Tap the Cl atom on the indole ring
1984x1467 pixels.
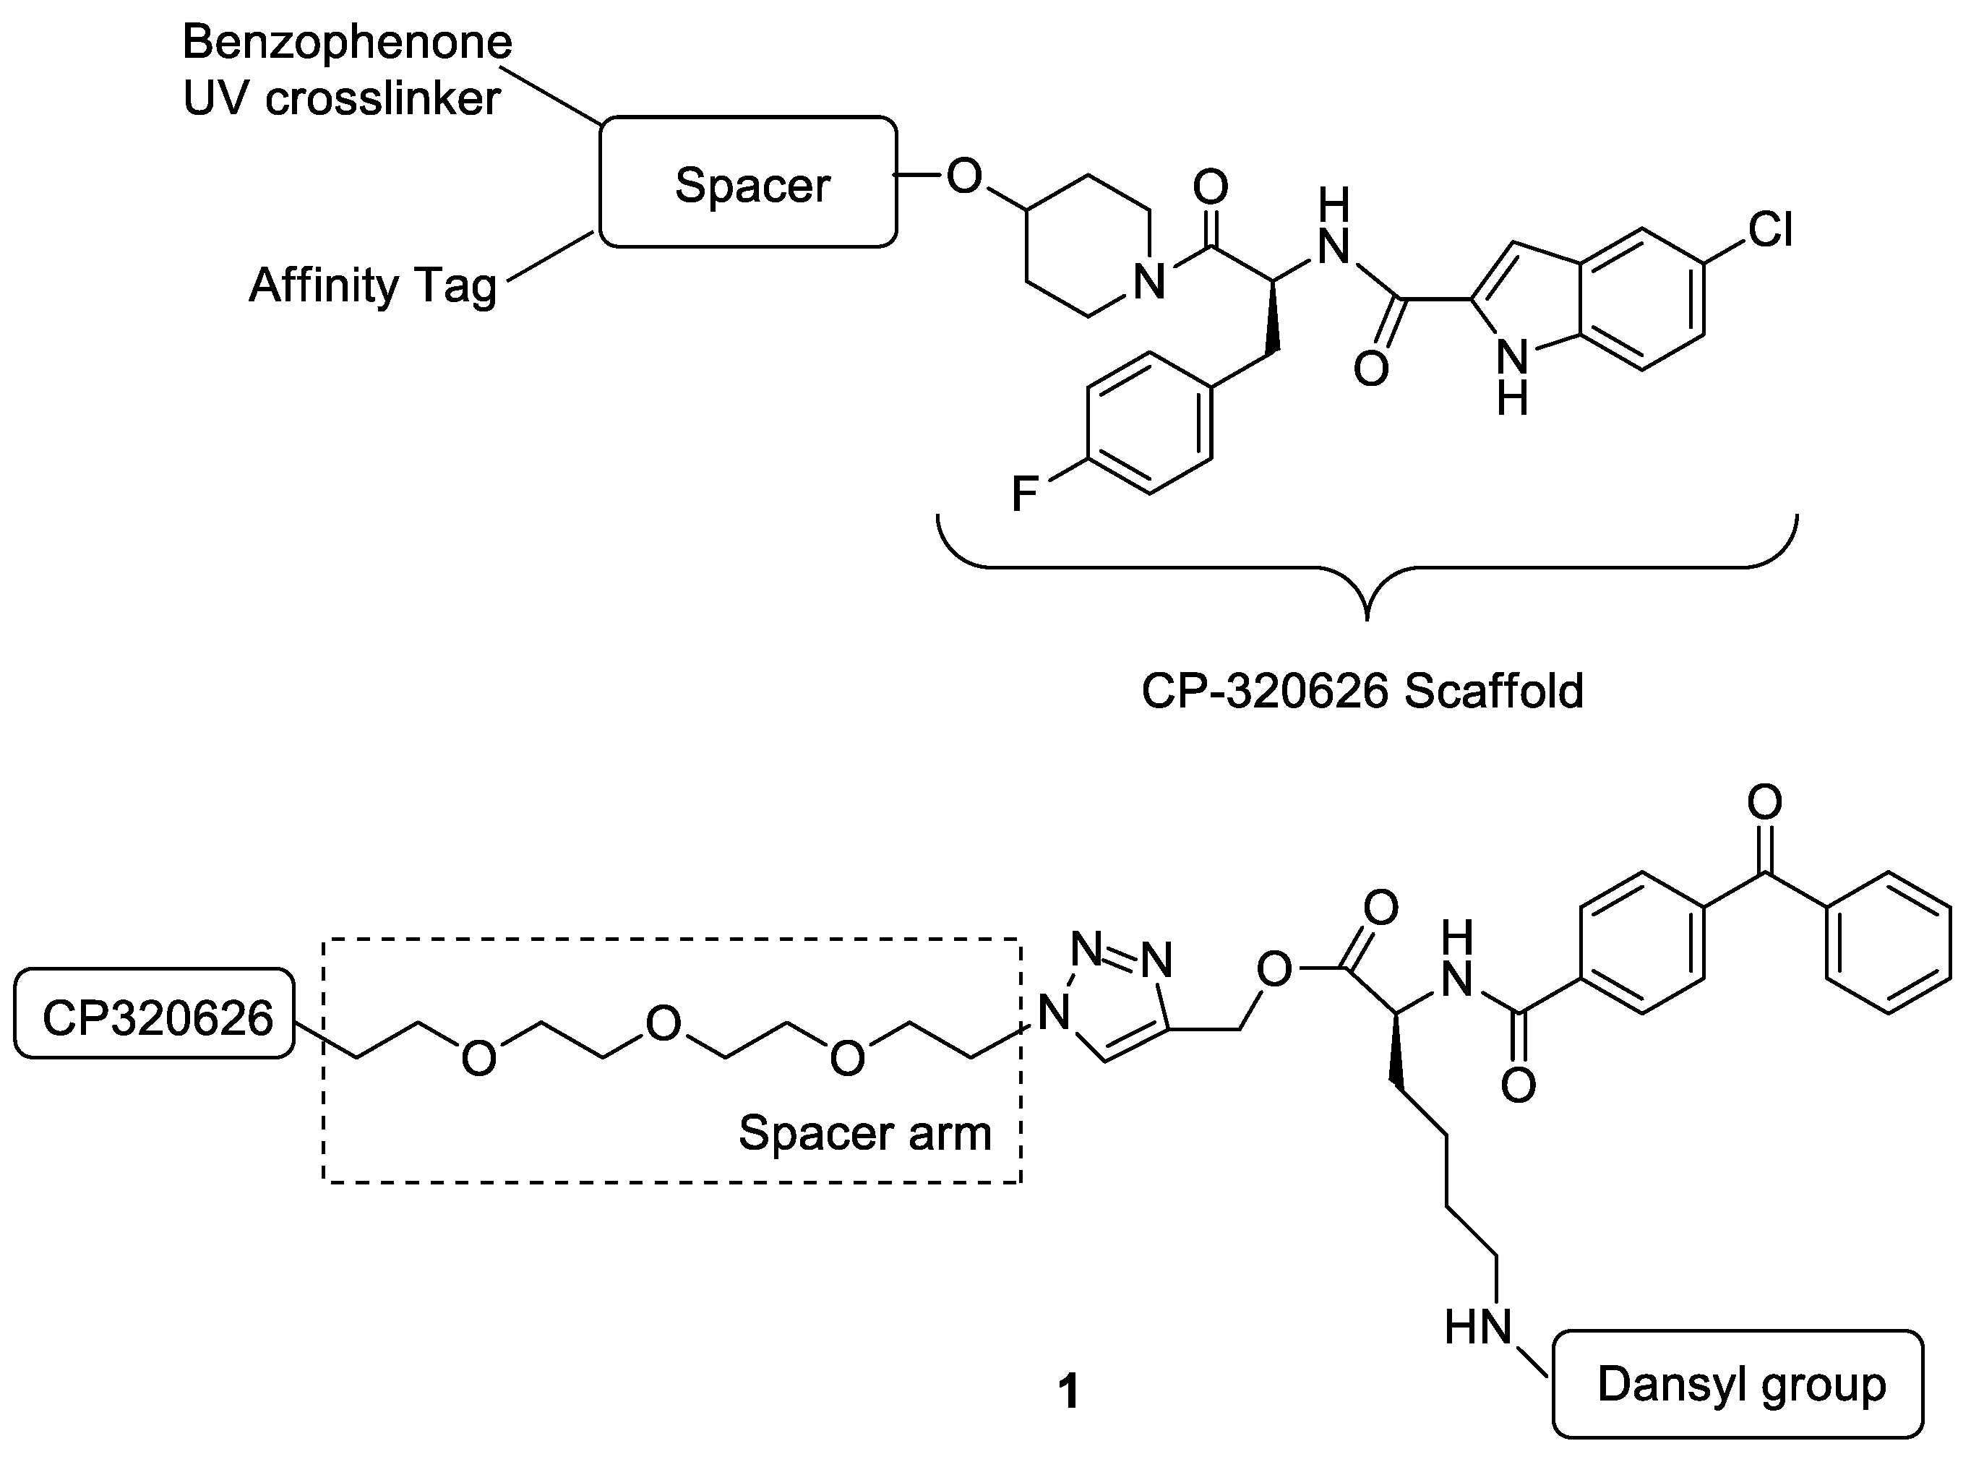(x=1770, y=229)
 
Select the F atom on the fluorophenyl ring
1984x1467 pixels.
(x=1025, y=493)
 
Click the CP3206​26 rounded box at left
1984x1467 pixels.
(x=155, y=1018)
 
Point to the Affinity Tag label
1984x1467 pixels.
(x=372, y=286)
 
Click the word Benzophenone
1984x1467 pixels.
(x=347, y=42)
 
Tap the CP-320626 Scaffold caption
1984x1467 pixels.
(x=1362, y=690)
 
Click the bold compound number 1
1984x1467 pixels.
(x=1068, y=1392)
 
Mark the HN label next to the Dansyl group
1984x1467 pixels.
(x=1477, y=1328)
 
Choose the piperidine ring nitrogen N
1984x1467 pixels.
(x=1149, y=282)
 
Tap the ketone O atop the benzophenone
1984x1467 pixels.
(x=1765, y=802)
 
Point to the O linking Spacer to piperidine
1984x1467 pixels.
(x=964, y=176)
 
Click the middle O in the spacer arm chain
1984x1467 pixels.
(x=663, y=1023)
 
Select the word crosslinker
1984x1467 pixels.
(x=383, y=98)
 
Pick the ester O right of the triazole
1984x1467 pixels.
(x=1274, y=970)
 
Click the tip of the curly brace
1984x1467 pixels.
(x=1367, y=616)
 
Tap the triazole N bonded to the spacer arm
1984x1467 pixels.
(x=1053, y=1012)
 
